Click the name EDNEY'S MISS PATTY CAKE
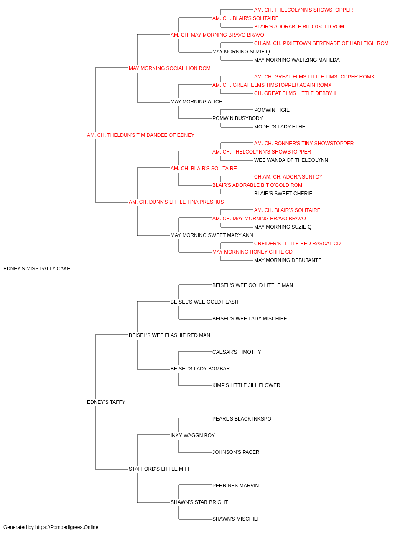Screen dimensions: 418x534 coord(37,269)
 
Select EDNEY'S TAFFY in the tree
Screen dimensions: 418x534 coord(106,402)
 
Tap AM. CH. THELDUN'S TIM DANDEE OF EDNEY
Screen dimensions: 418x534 coord(140,135)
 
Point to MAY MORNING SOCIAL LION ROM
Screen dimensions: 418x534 coord(170,68)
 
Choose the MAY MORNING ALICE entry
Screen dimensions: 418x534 coord(196,102)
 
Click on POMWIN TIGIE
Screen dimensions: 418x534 coord(272,110)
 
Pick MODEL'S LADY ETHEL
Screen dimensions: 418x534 coord(281,127)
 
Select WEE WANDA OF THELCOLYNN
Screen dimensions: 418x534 coord(291,160)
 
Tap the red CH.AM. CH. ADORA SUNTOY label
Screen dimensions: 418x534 coord(288,177)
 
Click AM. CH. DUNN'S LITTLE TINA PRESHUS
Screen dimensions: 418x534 coord(176,202)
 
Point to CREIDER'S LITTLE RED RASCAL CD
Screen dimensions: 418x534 coord(297,244)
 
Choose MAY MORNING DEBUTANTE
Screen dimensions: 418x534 coord(288,260)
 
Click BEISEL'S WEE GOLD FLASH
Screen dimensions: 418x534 coord(204,302)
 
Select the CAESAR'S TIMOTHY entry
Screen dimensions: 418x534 coord(237,352)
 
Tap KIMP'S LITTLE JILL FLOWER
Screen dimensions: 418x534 coord(246,385)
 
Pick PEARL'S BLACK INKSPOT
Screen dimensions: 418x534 coord(243,419)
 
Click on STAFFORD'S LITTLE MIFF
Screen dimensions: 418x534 coord(160,469)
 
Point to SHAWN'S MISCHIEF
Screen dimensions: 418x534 coord(236,519)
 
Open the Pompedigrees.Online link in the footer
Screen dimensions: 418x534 coord(67,527)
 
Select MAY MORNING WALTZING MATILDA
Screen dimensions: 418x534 coord(297,60)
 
